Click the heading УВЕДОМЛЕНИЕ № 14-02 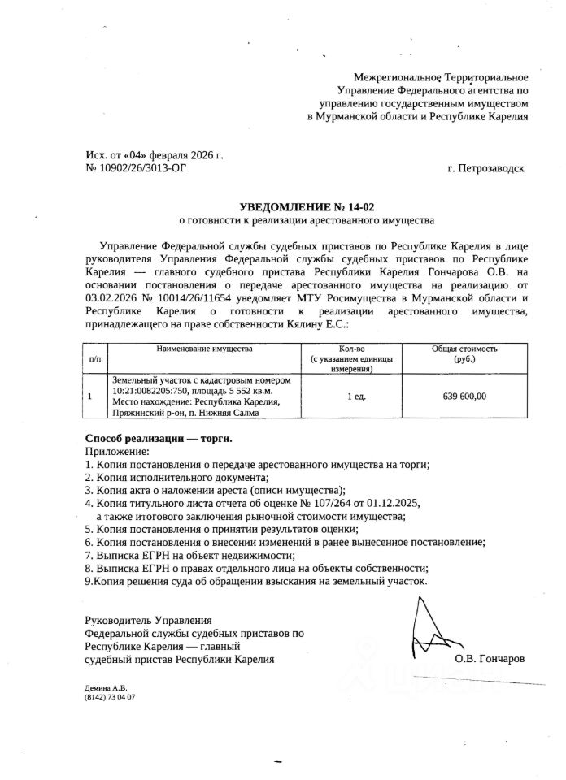click(x=307, y=207)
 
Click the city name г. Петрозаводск click(x=485, y=168)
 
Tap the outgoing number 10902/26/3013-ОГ click(x=140, y=168)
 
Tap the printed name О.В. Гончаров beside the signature click(x=490, y=659)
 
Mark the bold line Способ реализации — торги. click(x=159, y=438)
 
